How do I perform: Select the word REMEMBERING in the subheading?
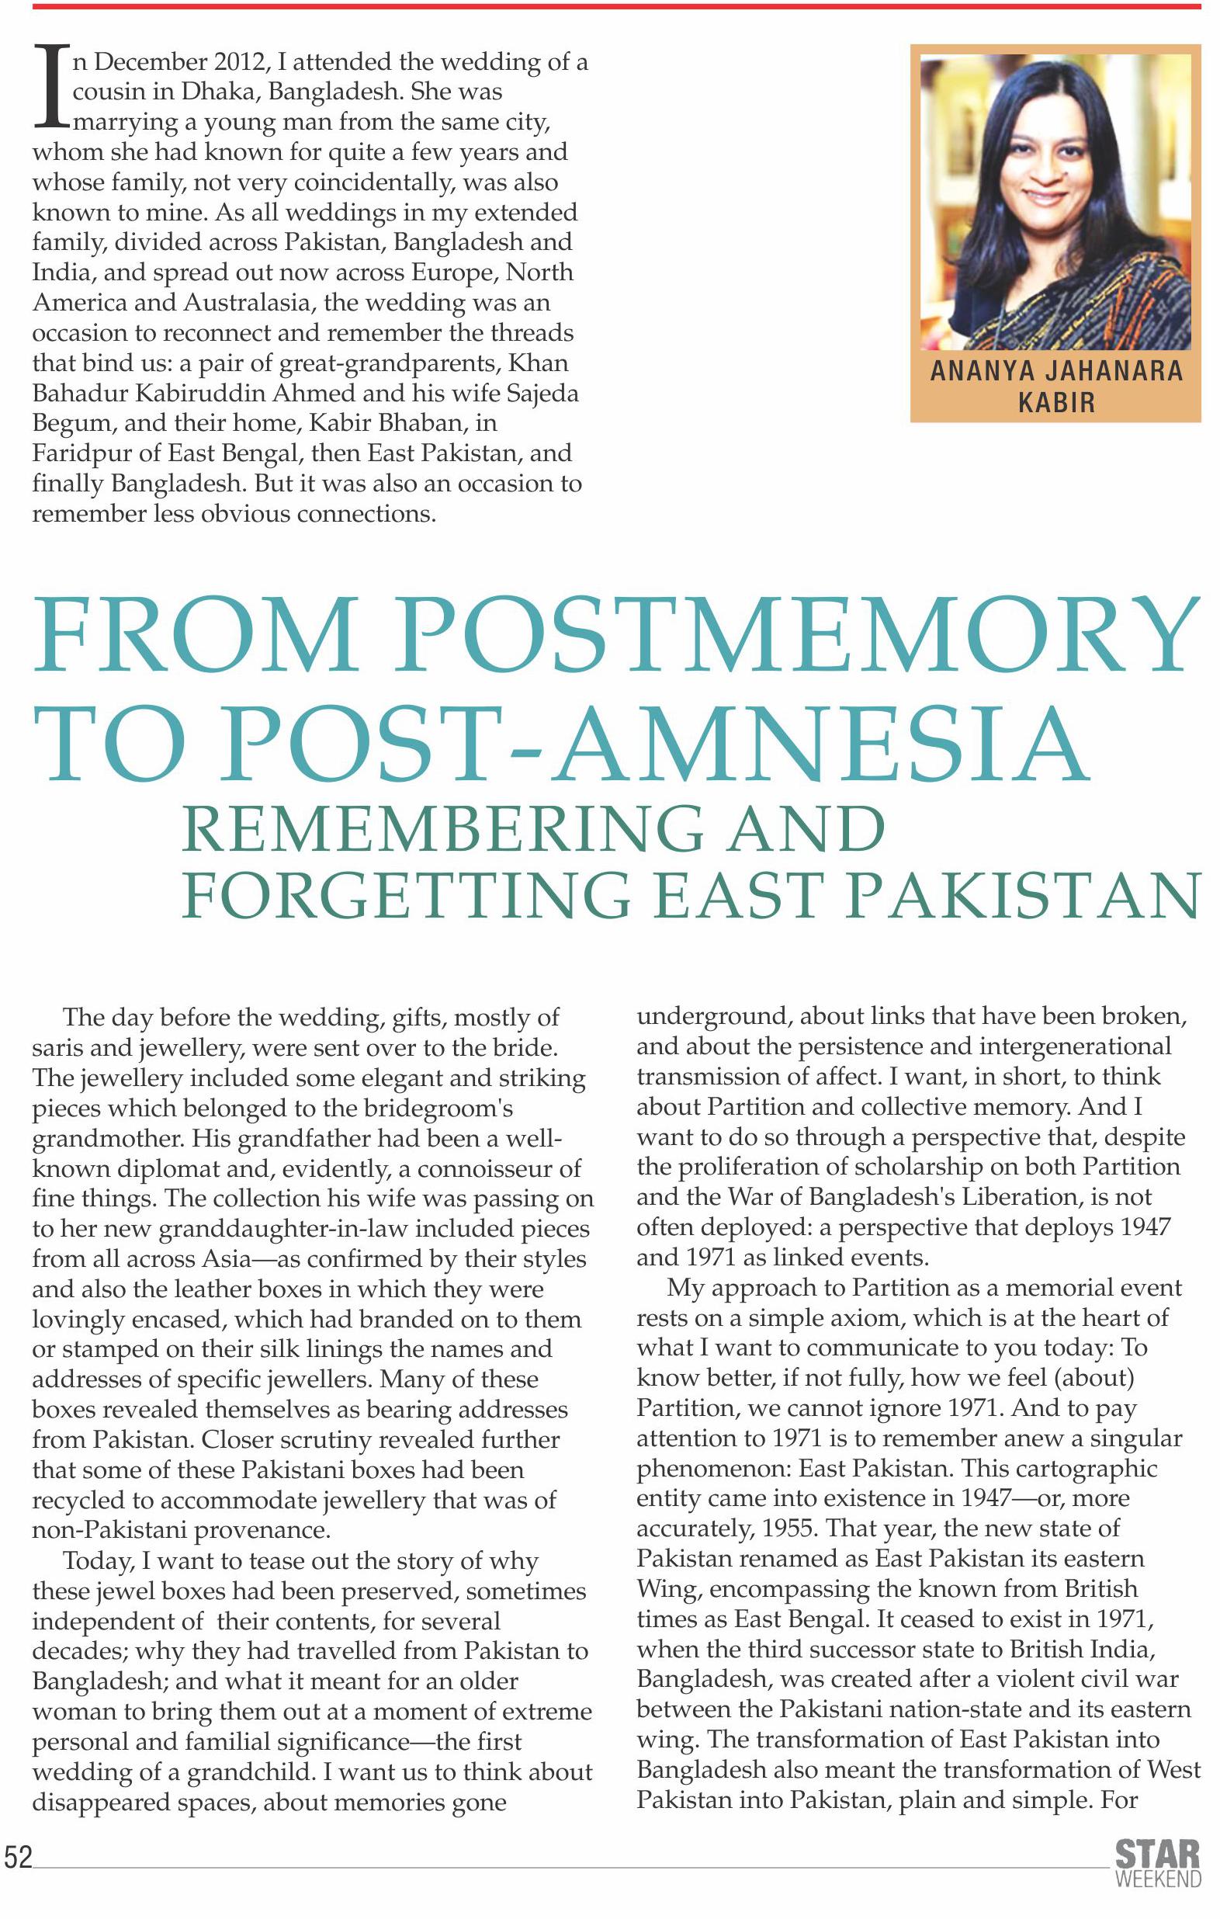click(442, 830)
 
